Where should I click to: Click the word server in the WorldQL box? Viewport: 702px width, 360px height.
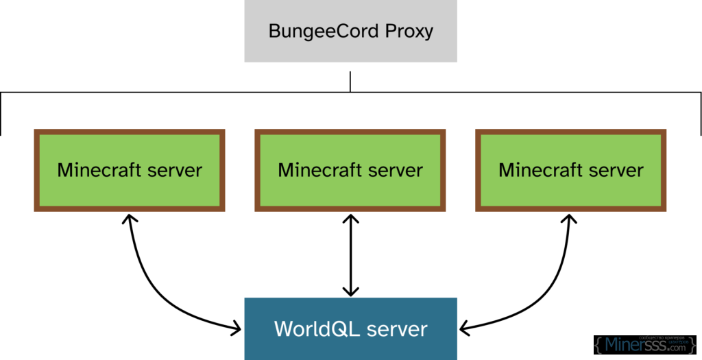point(398,329)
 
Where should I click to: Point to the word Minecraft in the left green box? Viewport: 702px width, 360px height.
point(99,169)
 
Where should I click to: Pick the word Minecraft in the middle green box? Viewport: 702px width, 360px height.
point(320,169)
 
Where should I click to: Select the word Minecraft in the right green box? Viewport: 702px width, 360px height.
point(541,169)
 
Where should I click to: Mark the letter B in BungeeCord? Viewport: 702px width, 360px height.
point(274,32)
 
